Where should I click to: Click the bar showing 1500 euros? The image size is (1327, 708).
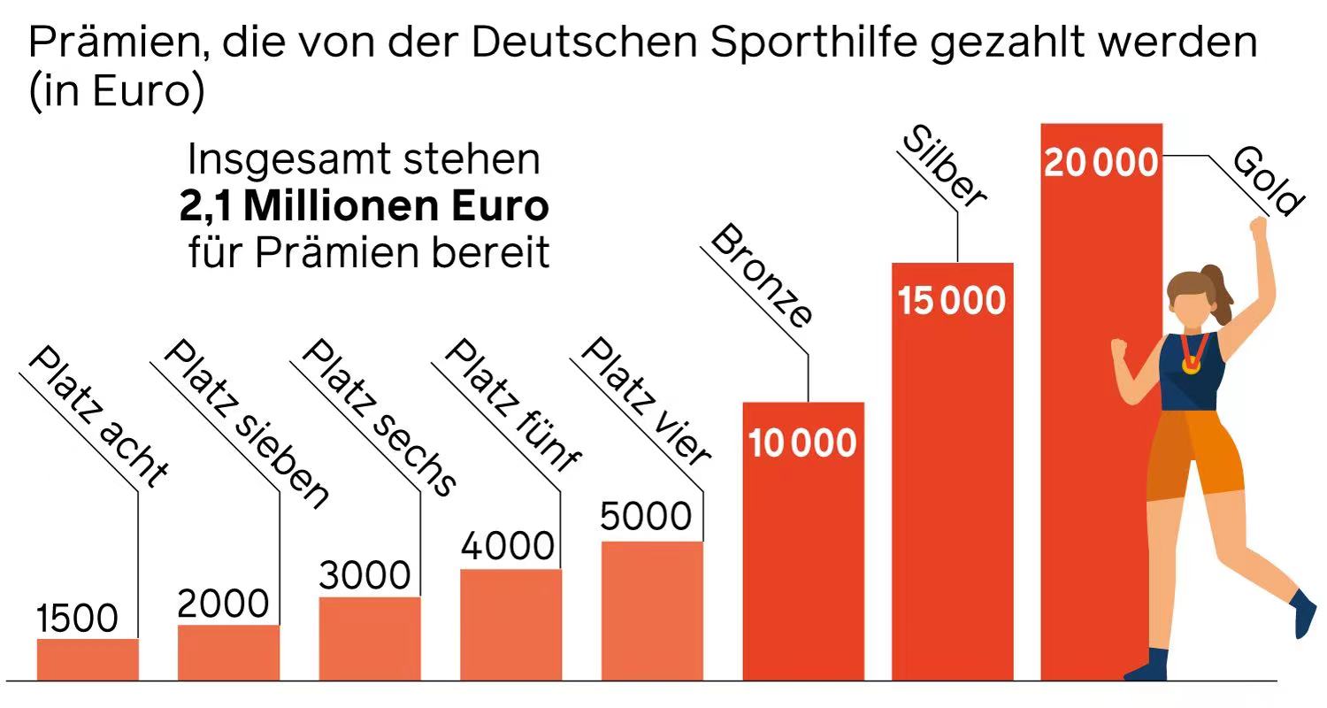pos(88,659)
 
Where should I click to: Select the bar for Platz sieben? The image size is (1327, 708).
pos(228,652)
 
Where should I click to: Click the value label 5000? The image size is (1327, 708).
pos(645,516)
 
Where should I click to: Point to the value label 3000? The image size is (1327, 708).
pos(364,575)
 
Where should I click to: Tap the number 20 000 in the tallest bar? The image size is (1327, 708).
pos(1101,164)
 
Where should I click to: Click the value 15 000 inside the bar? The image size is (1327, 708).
pos(952,301)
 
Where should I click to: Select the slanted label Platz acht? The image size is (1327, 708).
pos(97,416)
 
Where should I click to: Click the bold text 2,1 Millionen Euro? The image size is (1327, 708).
pos(364,206)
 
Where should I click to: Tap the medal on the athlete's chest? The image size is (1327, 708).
pos(1192,363)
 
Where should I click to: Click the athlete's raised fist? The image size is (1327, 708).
pos(1258,226)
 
